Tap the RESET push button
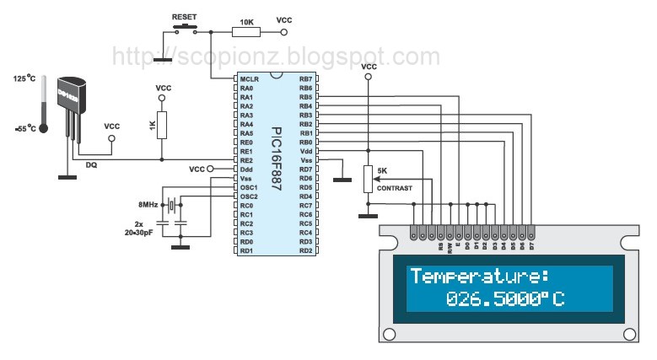click(x=184, y=29)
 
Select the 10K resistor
click(x=246, y=32)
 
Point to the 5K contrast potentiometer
click(x=367, y=179)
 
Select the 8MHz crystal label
click(x=148, y=205)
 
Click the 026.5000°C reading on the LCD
click(x=504, y=299)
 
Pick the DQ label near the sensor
click(x=91, y=165)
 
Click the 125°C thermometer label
click(x=24, y=78)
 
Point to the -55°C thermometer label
click(x=24, y=128)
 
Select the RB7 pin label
click(x=305, y=78)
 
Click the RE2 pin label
click(x=246, y=160)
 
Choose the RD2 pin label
click(x=305, y=250)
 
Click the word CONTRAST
click(x=395, y=188)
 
